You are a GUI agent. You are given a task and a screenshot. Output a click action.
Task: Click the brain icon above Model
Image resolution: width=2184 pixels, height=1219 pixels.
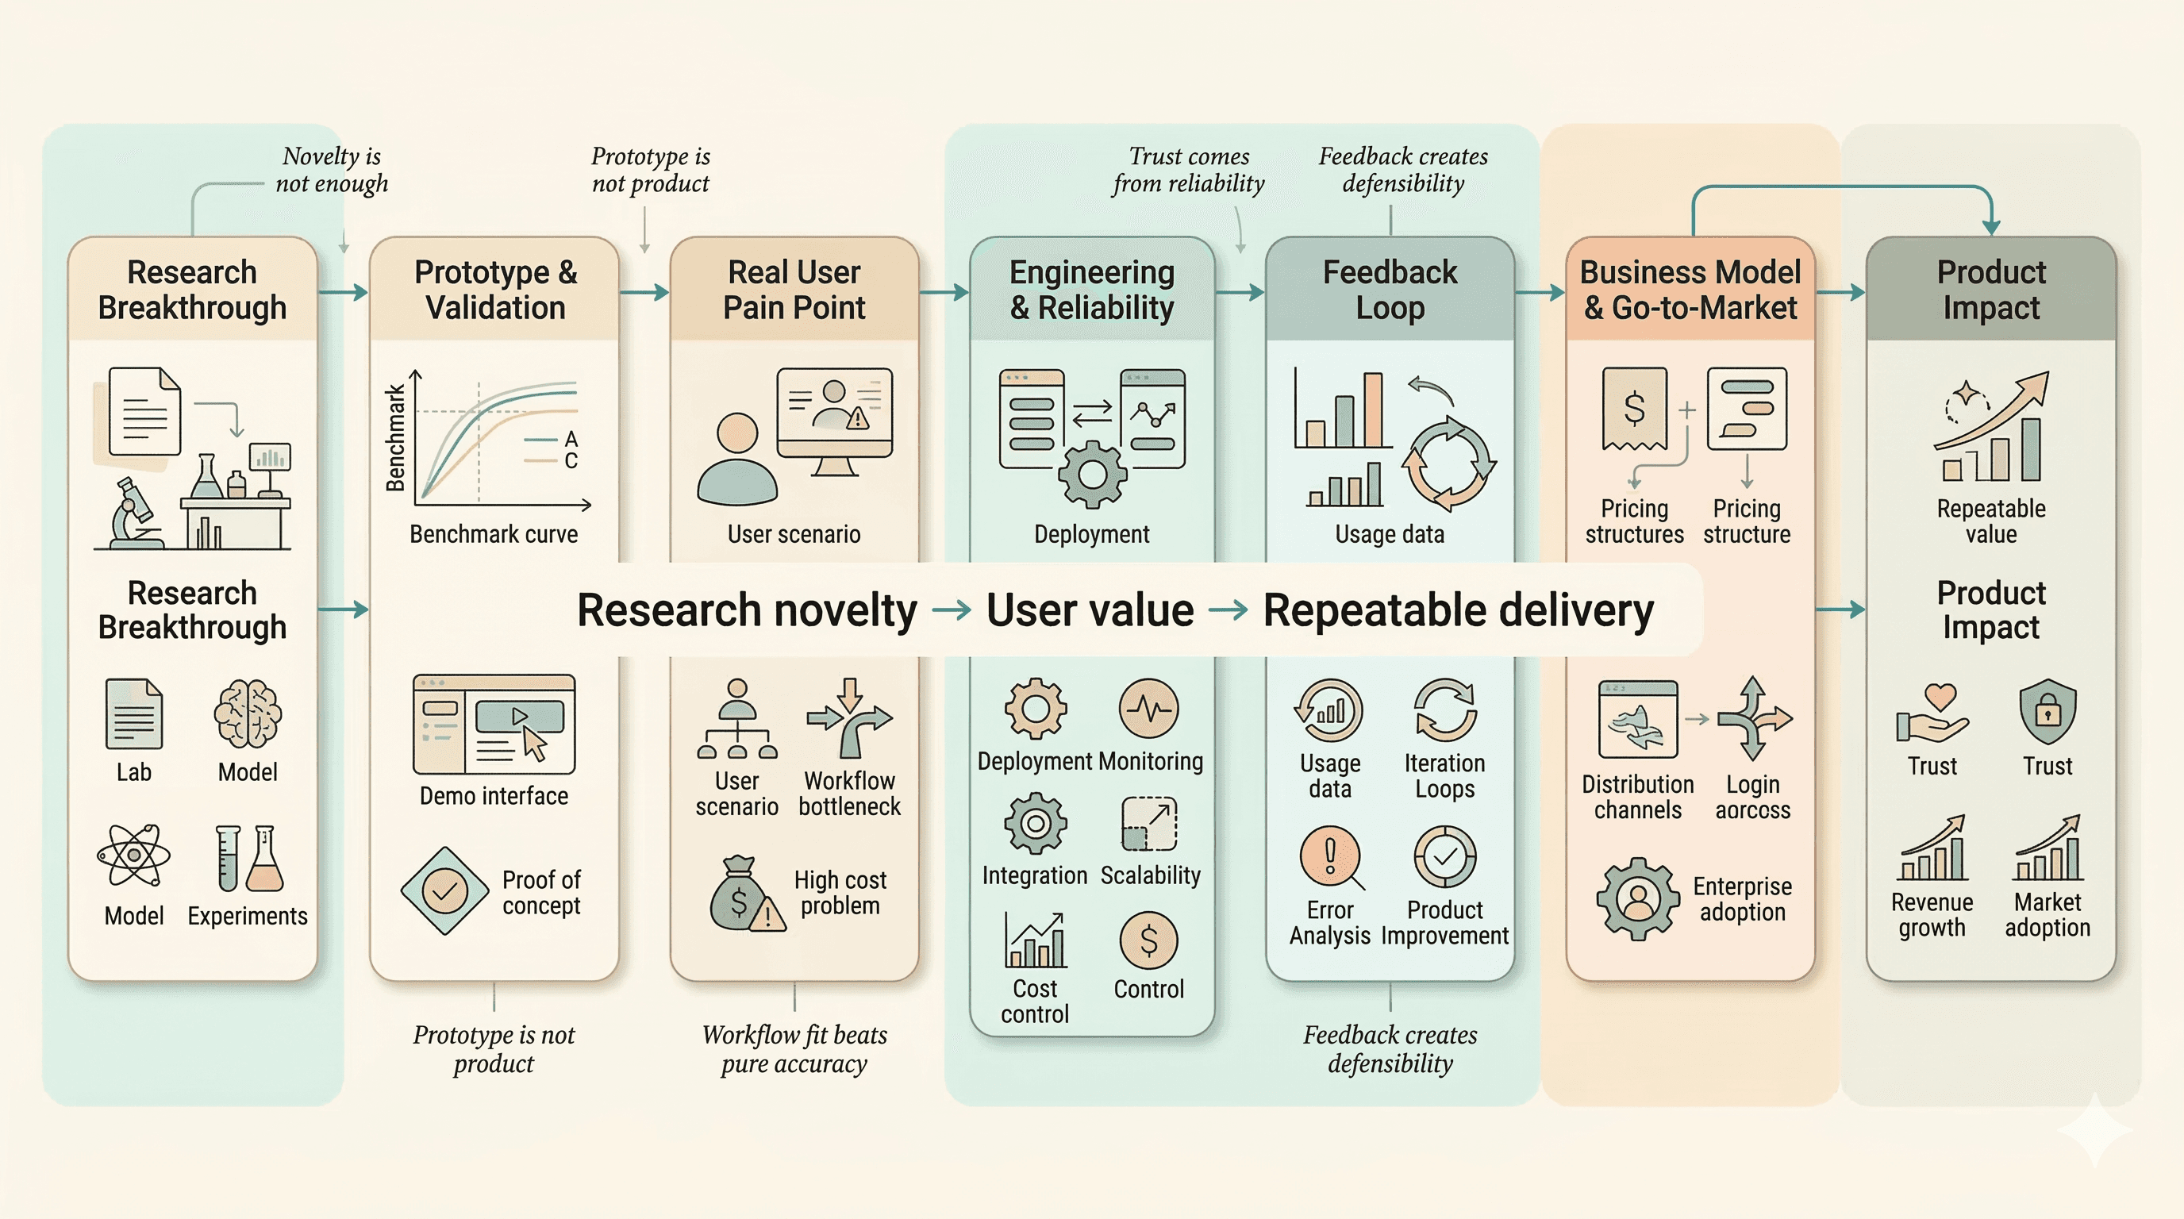pos(248,714)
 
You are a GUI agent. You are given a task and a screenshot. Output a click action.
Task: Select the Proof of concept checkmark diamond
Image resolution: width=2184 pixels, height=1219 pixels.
pos(444,891)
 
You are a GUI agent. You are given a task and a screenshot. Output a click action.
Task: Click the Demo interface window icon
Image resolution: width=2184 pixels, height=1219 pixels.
pos(494,725)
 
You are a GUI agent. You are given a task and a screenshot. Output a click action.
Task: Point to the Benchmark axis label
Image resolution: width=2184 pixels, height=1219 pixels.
pos(395,438)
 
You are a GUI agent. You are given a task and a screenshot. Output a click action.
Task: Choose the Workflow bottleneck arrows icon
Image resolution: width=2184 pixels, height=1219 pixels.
pos(849,719)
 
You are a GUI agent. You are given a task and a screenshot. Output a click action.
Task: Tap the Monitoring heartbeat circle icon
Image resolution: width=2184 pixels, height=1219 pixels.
pos(1149,709)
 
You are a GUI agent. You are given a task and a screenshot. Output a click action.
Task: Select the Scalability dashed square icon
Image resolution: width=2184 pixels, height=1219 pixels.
pos(1149,823)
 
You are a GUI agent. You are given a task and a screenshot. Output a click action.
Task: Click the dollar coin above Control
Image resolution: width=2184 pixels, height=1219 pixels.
pos(1148,940)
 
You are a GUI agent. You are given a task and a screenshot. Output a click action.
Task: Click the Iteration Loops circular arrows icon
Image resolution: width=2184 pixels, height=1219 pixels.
pos(1444,710)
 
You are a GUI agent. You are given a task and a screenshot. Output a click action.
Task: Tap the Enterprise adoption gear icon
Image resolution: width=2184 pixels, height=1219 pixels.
pos(1637,898)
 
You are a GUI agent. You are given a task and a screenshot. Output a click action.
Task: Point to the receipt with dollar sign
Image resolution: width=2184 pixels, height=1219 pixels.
pos(1634,409)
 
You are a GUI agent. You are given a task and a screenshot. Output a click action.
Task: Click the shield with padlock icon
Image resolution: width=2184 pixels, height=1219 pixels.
pos(2047,712)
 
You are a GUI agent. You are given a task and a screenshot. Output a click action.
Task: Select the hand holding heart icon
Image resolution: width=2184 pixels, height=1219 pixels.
pos(1933,713)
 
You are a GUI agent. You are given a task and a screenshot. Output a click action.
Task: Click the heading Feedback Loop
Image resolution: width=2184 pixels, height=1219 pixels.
pos(1390,290)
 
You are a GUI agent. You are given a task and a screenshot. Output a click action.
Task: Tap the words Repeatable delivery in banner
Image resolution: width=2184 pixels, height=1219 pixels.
pos(1459,610)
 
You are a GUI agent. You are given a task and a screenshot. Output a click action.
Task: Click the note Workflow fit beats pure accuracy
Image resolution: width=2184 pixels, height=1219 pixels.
pos(794,1048)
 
